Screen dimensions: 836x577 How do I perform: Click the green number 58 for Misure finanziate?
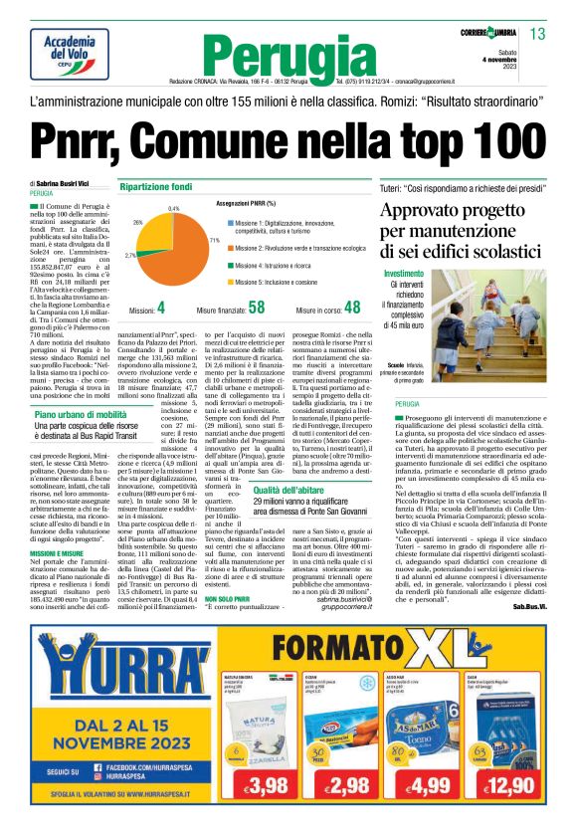pos(257,309)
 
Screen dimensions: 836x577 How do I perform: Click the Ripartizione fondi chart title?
pos(155,187)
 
